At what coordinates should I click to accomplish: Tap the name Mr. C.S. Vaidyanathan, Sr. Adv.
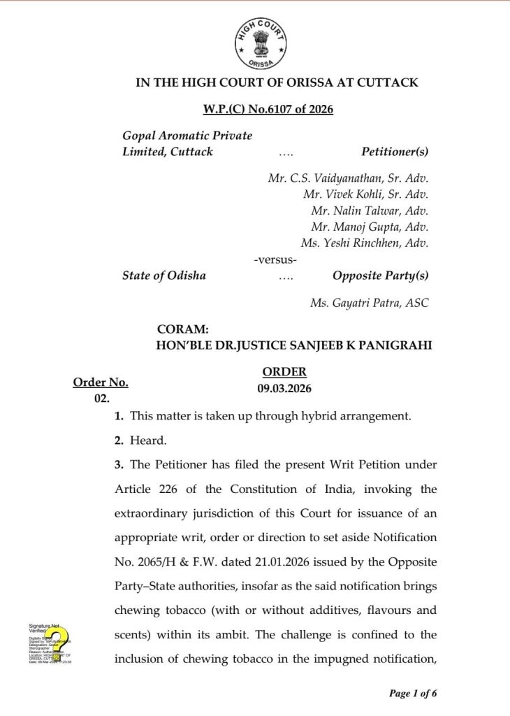(x=348, y=178)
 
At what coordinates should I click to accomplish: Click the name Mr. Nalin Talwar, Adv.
(x=370, y=210)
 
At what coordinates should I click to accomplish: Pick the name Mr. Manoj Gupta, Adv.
(x=370, y=227)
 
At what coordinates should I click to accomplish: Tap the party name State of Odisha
(x=164, y=275)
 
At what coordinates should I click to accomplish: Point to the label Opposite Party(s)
(x=380, y=275)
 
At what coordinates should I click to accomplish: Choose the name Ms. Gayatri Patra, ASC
(x=369, y=303)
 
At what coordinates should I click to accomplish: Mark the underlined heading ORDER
(x=284, y=372)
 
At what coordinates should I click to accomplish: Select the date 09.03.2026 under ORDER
(x=284, y=388)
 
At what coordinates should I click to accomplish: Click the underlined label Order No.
(x=101, y=382)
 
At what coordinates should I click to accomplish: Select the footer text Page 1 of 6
(x=413, y=694)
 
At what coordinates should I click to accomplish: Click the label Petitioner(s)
(x=395, y=152)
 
